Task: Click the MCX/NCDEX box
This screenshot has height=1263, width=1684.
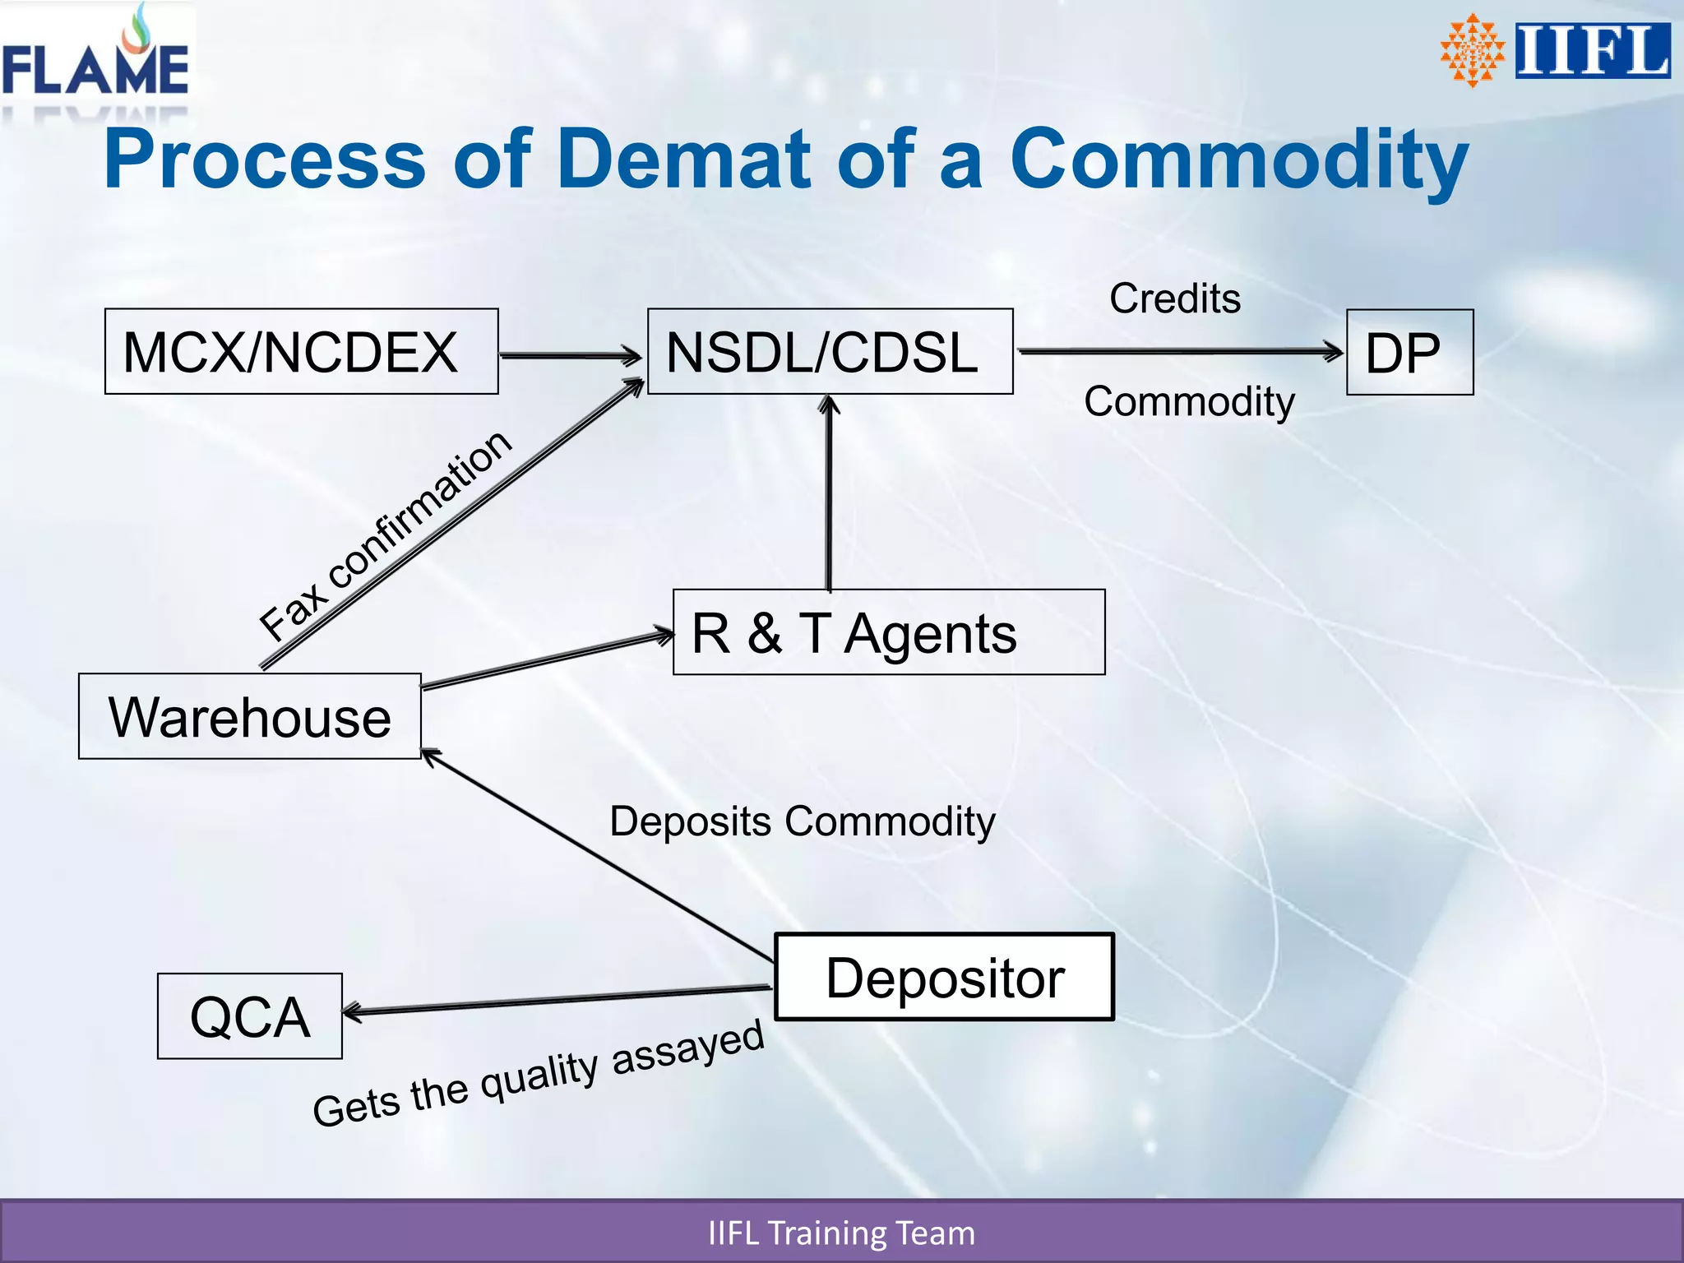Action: [301, 352]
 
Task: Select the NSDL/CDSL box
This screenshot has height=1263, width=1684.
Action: [830, 352]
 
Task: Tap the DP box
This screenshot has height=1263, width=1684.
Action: [1409, 353]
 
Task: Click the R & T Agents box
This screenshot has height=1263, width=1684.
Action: [888, 632]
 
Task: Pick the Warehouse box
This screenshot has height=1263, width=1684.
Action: [249, 716]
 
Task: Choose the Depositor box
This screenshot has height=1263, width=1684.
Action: [944, 977]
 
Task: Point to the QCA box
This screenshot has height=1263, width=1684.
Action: [249, 1016]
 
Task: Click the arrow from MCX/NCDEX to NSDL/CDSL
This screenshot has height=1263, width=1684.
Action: [570, 356]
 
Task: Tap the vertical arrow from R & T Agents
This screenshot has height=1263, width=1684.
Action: [829, 493]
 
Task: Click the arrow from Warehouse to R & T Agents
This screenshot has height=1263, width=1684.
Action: [547, 661]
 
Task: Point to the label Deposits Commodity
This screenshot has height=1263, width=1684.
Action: [802, 821]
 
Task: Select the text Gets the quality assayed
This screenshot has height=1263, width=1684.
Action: [539, 1073]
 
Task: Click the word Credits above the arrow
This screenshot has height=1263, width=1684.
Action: [1174, 298]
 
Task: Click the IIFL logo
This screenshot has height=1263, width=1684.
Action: [1554, 51]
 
